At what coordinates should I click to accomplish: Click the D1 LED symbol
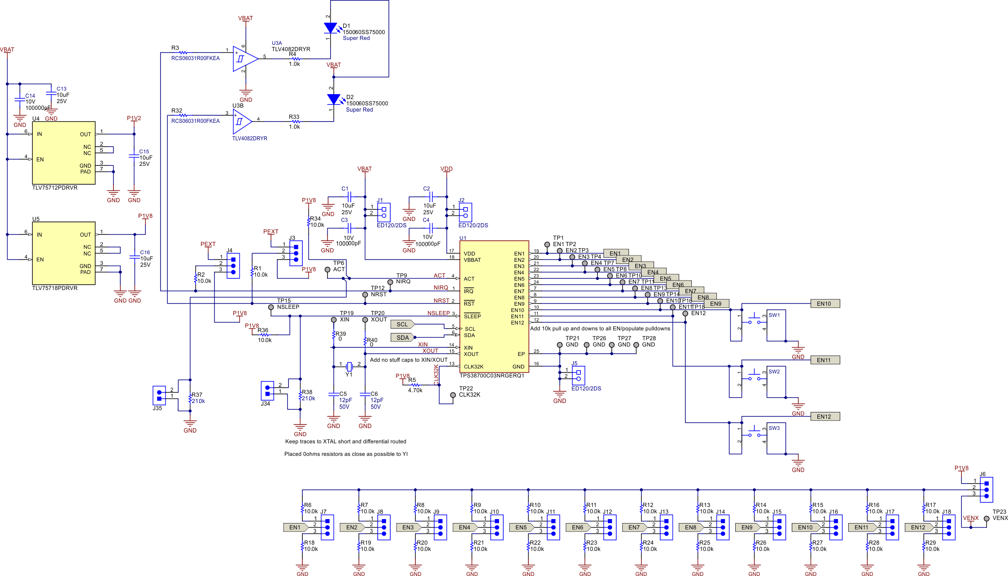coord(331,28)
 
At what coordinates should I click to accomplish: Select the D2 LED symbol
coord(334,99)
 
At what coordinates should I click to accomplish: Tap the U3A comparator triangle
coord(244,59)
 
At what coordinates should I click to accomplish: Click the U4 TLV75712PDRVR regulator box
coord(64,152)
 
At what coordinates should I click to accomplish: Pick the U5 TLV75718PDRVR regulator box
coord(64,253)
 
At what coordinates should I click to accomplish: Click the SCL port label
coord(402,324)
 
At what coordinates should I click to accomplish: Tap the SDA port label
coord(402,338)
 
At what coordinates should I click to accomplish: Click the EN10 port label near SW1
coord(825,303)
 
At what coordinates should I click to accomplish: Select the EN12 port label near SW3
coord(825,416)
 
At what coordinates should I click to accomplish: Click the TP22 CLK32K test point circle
coord(453,395)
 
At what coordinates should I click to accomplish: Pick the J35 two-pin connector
coord(159,395)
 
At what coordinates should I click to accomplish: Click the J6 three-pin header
coord(986,489)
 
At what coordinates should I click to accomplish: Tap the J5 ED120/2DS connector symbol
coord(578,376)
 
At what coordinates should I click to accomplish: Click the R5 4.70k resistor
coord(415,385)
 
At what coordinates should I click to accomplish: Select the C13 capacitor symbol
coord(51,95)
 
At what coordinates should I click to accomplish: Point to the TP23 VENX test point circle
coord(986,519)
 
